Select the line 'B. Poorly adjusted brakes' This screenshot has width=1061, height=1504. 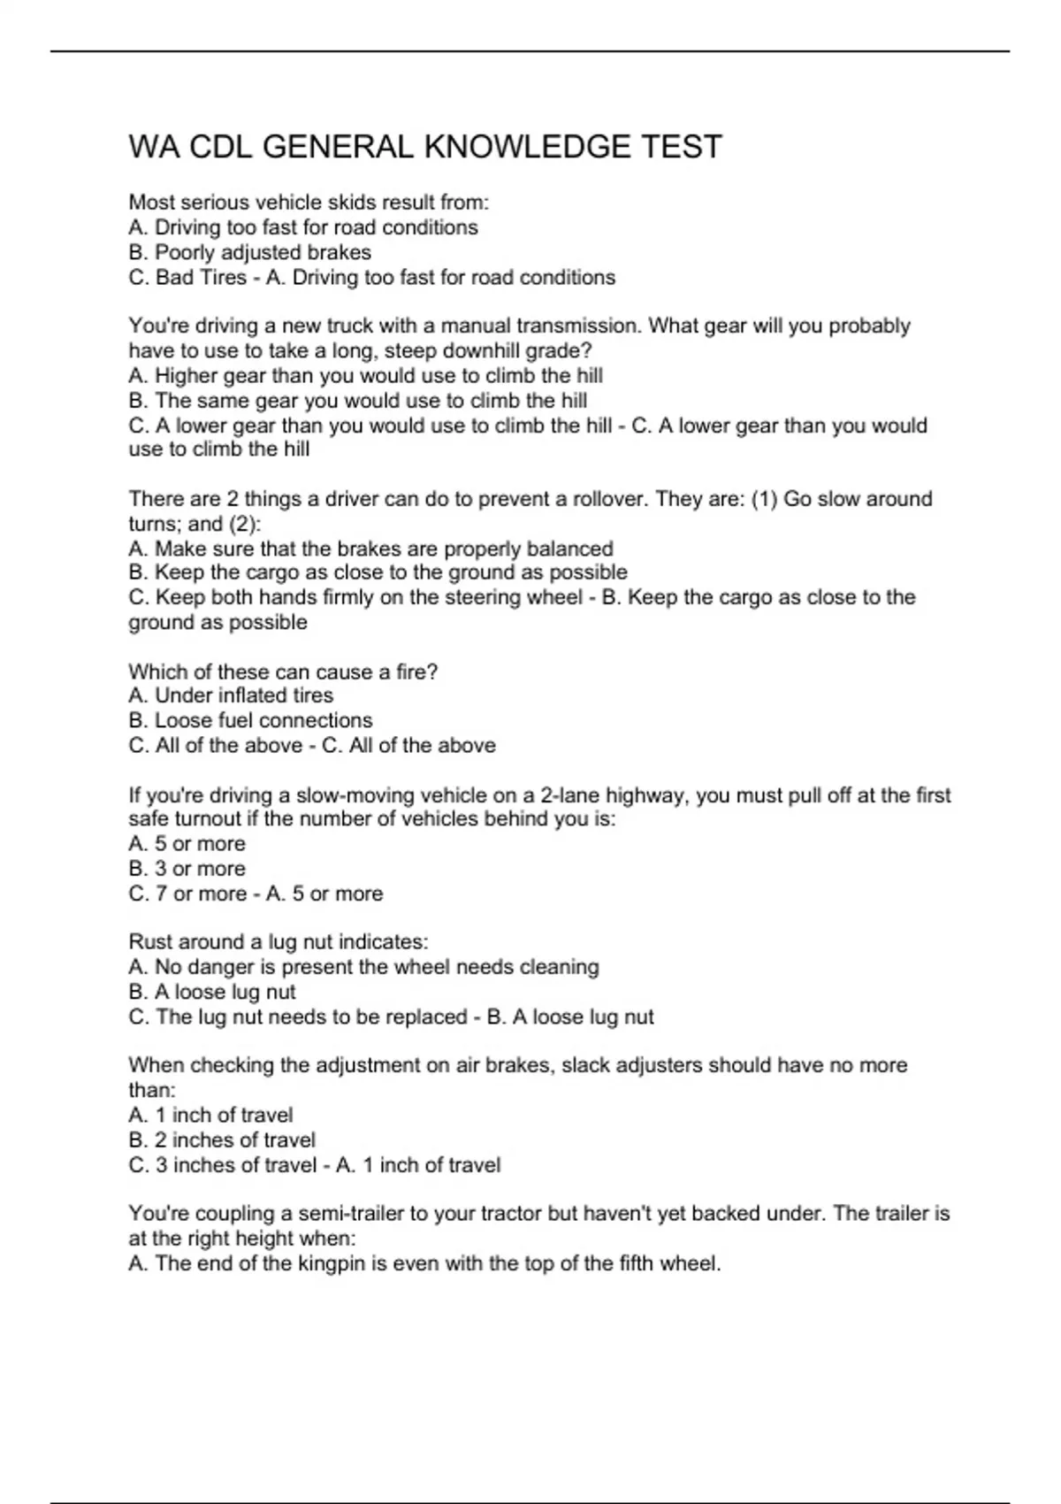pyautogui.click(x=249, y=252)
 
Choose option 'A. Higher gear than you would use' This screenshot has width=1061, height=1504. pyautogui.click(x=365, y=375)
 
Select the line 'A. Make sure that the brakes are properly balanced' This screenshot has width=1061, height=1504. pyautogui.click(x=370, y=549)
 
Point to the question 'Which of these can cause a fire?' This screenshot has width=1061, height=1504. pyautogui.click(x=283, y=671)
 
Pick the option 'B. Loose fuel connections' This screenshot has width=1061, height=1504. pyautogui.click(x=250, y=720)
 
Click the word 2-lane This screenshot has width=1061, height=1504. pyautogui.click(x=572, y=795)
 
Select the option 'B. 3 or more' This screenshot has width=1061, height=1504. pyautogui.click(x=187, y=869)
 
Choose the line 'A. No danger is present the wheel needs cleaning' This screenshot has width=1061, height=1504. pyautogui.click(x=363, y=967)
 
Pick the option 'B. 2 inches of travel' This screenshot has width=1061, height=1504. pyautogui.click(x=222, y=1140)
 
